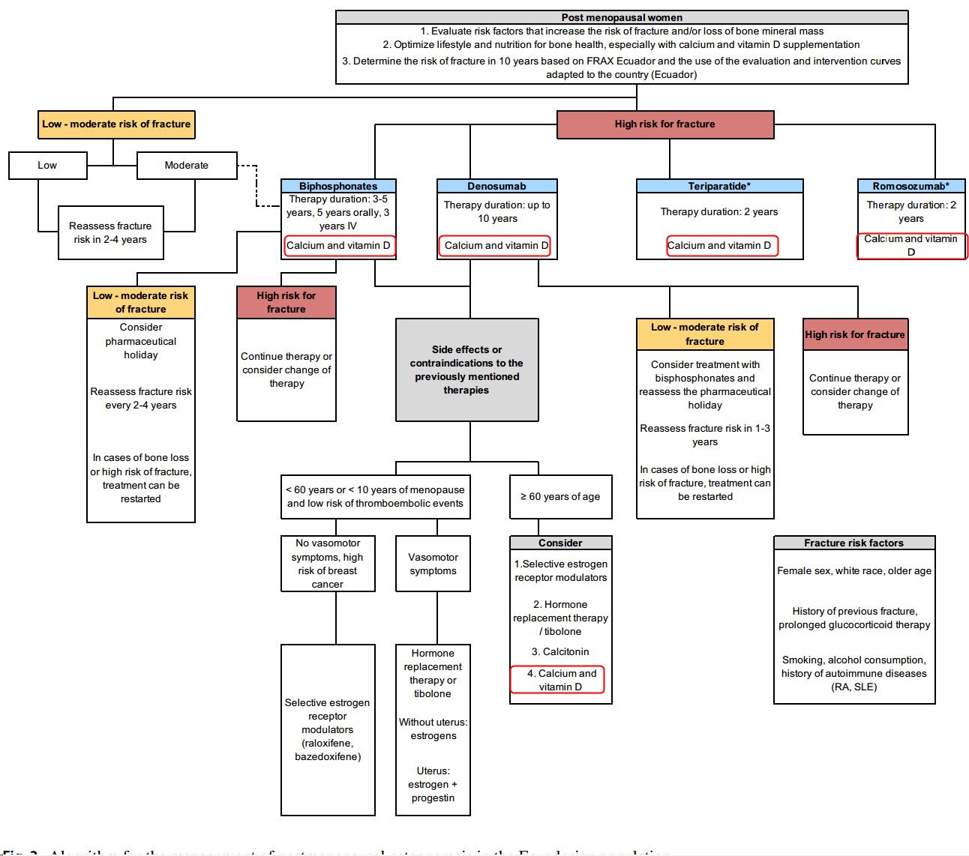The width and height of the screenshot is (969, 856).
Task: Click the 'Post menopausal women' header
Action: pos(622,17)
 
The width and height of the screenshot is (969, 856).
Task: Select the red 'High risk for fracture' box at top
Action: pos(665,124)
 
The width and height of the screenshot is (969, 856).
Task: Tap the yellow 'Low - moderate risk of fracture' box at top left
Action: pos(116,124)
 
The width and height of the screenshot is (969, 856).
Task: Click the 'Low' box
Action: pos(47,166)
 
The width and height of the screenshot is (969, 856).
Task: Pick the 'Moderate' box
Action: pos(187,166)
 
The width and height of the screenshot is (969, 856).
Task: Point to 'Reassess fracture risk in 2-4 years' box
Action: pos(110,233)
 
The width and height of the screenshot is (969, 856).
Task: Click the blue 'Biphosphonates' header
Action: pos(338,186)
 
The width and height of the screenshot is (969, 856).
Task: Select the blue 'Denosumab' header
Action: pos(496,186)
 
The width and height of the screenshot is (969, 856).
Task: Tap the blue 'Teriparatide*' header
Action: pos(719,186)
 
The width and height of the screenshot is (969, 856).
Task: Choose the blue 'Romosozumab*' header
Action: pos(910,186)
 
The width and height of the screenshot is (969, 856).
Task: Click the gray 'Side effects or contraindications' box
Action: pos(466,370)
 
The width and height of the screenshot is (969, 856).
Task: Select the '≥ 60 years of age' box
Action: pos(560,497)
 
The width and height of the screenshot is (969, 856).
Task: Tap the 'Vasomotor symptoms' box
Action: pos(433,564)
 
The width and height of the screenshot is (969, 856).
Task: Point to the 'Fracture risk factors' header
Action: pos(853,543)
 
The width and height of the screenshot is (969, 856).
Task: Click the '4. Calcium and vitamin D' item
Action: pos(557,680)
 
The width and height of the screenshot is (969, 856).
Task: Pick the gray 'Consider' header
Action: pos(560,543)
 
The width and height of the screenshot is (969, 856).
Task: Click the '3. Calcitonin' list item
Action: pos(560,652)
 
